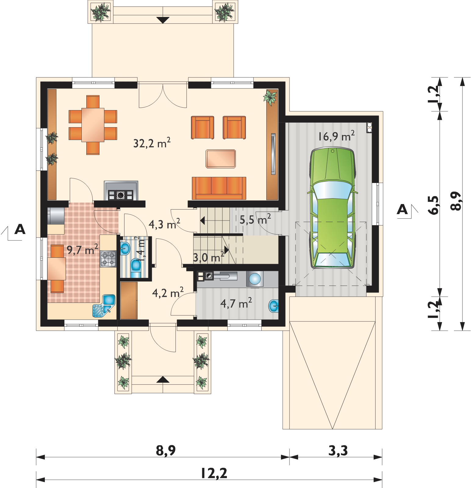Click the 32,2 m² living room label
[x=152, y=143]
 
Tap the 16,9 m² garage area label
[x=336, y=136]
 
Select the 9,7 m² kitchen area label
[x=82, y=250]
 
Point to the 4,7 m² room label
[x=236, y=303]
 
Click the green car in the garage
[x=333, y=208]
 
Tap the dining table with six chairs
[x=93, y=125]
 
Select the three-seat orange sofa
[x=219, y=188]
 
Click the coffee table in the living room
[x=221, y=159]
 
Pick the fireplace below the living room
[x=121, y=191]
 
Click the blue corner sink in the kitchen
[x=104, y=306]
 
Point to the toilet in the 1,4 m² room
[x=136, y=268]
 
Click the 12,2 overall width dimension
[x=214, y=473]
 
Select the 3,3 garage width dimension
[x=338, y=450]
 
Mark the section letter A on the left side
[x=20, y=229]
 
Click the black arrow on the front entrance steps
[x=163, y=379]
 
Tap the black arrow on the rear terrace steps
[x=163, y=20]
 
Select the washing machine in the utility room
[x=255, y=279]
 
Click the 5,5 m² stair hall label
[x=255, y=219]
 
